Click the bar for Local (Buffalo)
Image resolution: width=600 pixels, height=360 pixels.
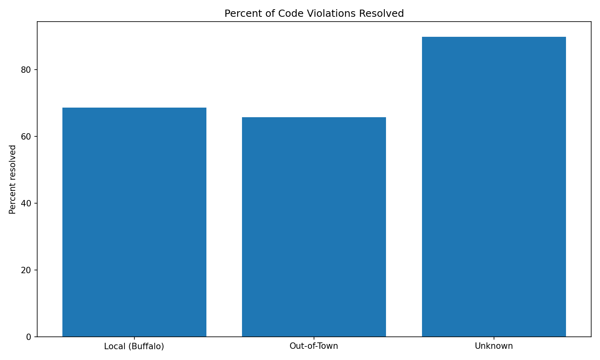(x=134, y=222)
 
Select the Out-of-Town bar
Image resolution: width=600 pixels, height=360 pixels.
(x=314, y=227)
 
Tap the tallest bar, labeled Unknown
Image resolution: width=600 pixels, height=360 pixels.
(x=494, y=187)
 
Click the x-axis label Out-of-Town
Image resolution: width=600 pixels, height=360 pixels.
(x=314, y=346)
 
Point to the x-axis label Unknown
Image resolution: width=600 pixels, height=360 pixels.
(x=494, y=346)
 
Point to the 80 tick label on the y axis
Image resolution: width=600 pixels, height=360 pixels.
(x=26, y=70)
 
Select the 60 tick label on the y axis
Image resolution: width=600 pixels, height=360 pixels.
(x=26, y=136)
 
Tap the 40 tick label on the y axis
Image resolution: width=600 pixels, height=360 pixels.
(x=26, y=203)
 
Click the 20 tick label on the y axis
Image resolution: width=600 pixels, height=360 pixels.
(x=26, y=270)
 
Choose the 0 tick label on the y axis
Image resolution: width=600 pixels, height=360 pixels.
(x=29, y=337)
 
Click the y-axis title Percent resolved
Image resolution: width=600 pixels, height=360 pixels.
(x=13, y=179)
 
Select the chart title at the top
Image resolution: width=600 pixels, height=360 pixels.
(x=314, y=14)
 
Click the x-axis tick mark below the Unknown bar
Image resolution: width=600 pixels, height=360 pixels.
(x=494, y=338)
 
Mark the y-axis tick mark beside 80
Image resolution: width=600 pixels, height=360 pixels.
(x=36, y=70)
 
